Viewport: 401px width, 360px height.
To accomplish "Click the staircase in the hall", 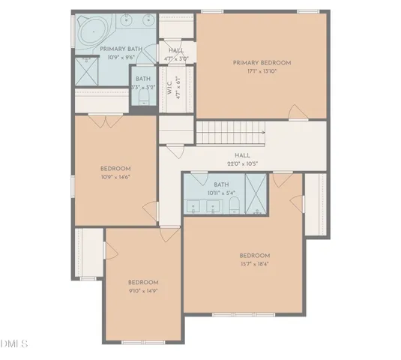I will click(231, 133).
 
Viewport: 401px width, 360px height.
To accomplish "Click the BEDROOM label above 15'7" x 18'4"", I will click(254, 256).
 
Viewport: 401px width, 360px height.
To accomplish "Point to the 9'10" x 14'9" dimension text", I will click(142, 290).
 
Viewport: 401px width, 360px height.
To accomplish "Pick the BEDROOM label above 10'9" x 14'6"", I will click(115, 169).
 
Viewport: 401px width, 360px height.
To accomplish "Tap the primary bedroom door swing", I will click(298, 112).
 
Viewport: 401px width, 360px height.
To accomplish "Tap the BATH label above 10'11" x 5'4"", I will click(221, 184).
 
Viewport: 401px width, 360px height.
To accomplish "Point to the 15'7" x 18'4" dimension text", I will click(254, 264).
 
